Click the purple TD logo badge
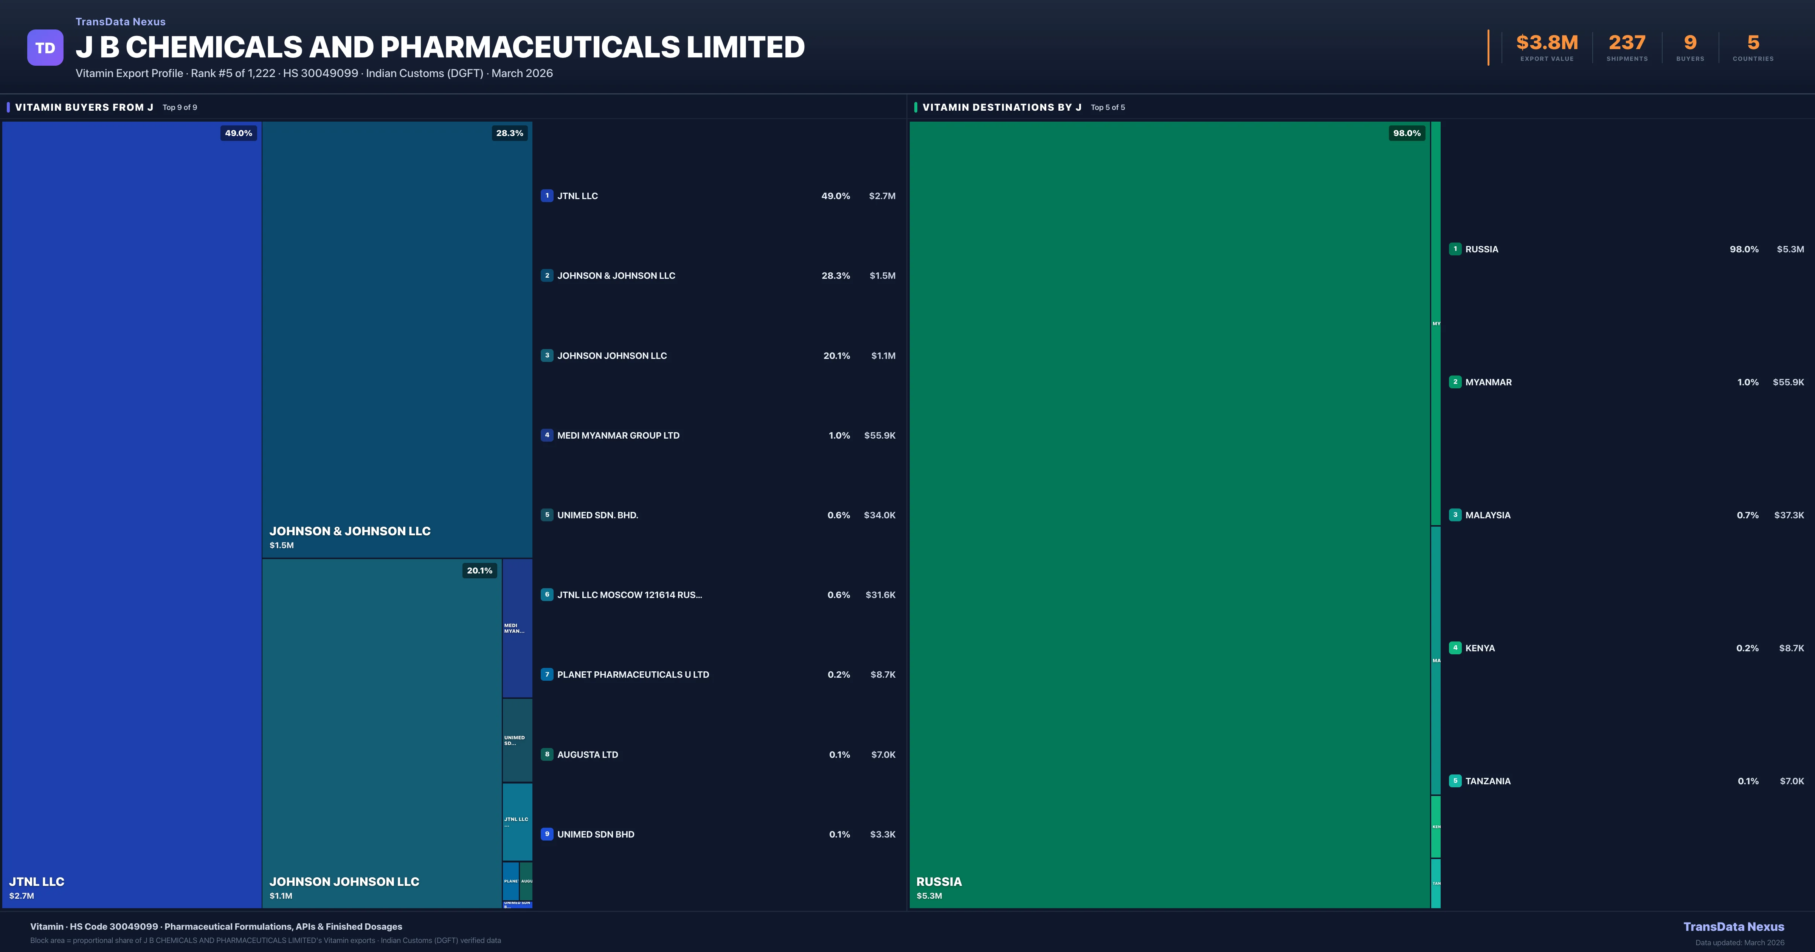pos(45,48)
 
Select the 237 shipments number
pos(1627,43)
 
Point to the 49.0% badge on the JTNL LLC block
pos(238,133)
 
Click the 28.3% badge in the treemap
pos(509,133)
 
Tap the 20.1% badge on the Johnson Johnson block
pos(479,570)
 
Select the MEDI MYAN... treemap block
pos(517,628)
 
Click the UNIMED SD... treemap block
pos(517,740)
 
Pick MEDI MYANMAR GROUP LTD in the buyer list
pos(618,435)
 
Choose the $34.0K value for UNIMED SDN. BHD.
pos(879,515)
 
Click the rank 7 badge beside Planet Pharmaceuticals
pos(547,675)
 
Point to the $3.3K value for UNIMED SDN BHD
pos(882,835)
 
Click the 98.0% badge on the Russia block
pos(1406,133)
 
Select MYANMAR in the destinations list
pos(1488,382)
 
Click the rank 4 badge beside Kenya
pos(1455,648)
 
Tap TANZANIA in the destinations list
pos(1488,781)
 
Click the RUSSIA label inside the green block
pos(939,882)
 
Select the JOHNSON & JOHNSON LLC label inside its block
pos(349,531)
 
